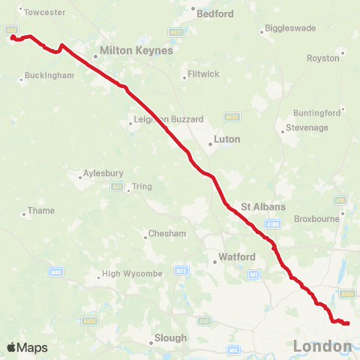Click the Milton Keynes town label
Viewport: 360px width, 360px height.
[x=136, y=52]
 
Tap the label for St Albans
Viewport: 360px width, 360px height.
[x=263, y=206]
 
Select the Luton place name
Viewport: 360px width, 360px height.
[x=227, y=139]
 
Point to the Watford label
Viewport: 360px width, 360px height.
[x=236, y=257]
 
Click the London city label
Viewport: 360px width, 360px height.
[x=322, y=346]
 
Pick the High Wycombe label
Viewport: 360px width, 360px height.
[x=132, y=274]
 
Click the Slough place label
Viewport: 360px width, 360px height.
[x=170, y=337]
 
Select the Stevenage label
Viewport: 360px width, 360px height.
[x=306, y=128]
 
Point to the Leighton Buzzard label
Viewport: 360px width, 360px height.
[x=168, y=120]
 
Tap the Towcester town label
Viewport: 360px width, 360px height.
[x=45, y=13]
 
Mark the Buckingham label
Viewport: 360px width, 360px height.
[x=49, y=76]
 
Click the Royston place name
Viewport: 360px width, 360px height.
[x=324, y=58]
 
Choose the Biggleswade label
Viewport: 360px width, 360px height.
[x=289, y=30]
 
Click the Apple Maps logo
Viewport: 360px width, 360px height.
[x=27, y=347]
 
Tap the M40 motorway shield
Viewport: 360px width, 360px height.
[x=55, y=271]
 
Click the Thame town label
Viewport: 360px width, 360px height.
[x=41, y=211]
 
